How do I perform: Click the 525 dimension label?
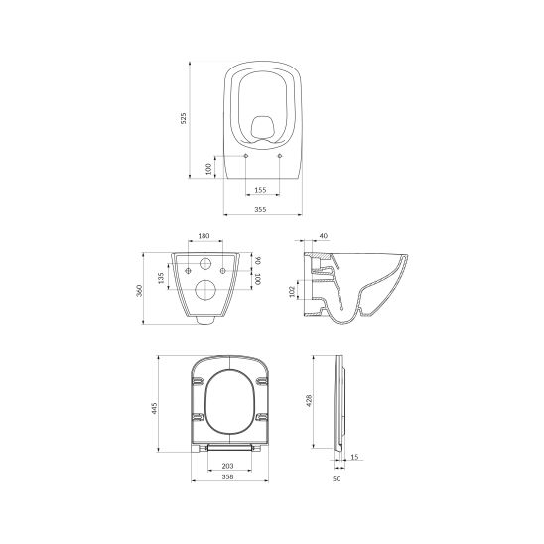coord(184,118)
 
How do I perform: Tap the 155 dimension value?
coord(260,190)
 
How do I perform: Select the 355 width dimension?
coord(260,209)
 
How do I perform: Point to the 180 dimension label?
coord(204,236)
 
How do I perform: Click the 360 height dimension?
coord(139,290)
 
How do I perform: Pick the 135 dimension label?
coord(160,278)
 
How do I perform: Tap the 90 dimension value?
coord(258,260)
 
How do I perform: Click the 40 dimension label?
coord(323,236)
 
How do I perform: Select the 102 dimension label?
coord(292,291)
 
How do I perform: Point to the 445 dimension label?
coord(155,408)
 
